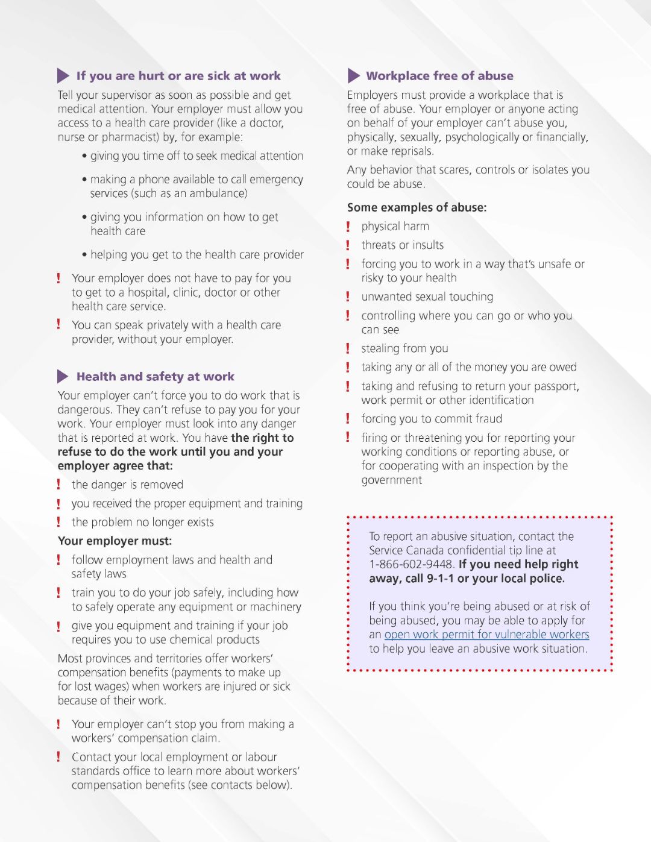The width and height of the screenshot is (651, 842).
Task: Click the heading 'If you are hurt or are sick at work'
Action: click(178, 76)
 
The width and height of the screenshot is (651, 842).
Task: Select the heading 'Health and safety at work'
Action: click(155, 377)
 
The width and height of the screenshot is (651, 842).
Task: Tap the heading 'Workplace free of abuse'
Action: click(439, 76)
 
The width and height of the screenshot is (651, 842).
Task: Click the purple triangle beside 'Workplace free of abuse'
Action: click(353, 76)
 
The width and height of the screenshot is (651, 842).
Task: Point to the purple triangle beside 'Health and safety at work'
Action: click(63, 377)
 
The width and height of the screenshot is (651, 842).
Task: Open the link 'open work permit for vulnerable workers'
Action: click(486, 635)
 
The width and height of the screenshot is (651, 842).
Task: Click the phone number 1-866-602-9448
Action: click(411, 565)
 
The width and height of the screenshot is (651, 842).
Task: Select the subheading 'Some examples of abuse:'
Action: click(417, 208)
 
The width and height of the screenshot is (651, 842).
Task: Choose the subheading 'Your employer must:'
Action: click(115, 541)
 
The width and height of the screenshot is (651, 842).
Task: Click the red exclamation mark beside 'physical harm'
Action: click(348, 227)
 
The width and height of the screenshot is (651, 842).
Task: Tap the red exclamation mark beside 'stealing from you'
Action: click(348, 348)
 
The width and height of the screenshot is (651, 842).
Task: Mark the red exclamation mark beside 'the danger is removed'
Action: click(58, 485)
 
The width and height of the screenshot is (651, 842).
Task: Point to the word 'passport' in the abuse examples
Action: click(556, 386)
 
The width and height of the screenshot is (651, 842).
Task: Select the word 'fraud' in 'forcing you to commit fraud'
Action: click(487, 419)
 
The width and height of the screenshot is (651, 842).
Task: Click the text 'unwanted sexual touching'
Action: click(427, 297)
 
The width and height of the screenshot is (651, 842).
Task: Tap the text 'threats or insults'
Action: click(402, 245)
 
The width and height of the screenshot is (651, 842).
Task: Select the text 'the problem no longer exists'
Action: click(142, 523)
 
